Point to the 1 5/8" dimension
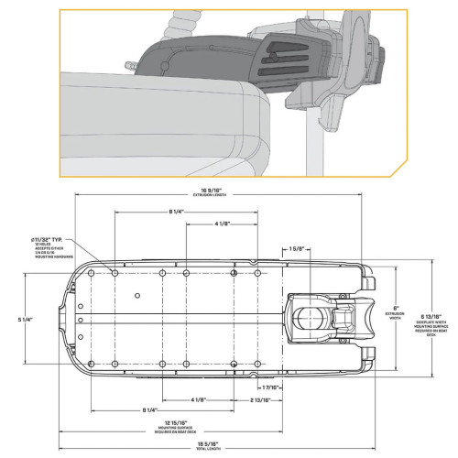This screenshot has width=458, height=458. (x=297, y=248)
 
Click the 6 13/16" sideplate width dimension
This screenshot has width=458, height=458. (x=431, y=307)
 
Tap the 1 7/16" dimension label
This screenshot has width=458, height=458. (x=296, y=388)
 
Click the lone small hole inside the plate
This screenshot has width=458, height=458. (x=136, y=296)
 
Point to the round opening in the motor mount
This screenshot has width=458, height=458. (x=309, y=320)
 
